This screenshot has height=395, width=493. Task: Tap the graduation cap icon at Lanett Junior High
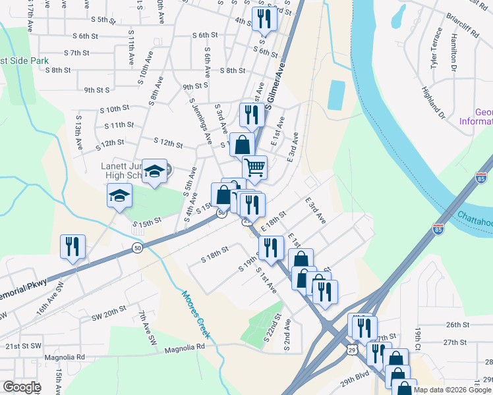154,172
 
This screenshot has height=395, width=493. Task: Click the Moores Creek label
196,315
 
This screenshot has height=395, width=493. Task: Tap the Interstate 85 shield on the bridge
438,228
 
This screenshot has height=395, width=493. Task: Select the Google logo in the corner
21,387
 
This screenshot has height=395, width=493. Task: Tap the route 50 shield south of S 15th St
137,248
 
